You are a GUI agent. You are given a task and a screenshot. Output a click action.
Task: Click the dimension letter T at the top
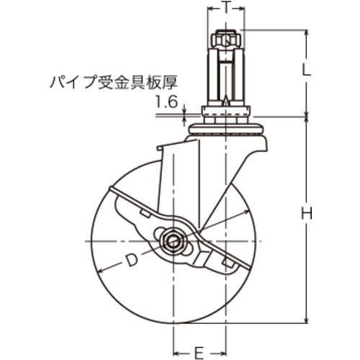(227, 8)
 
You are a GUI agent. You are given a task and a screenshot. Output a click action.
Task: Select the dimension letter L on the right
(306, 71)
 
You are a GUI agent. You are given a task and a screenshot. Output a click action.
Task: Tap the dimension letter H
(306, 213)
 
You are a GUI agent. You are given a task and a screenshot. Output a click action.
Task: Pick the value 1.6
(166, 102)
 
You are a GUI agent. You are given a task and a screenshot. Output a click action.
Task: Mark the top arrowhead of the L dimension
(306, 32)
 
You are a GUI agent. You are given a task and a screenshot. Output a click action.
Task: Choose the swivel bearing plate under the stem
(227, 127)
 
